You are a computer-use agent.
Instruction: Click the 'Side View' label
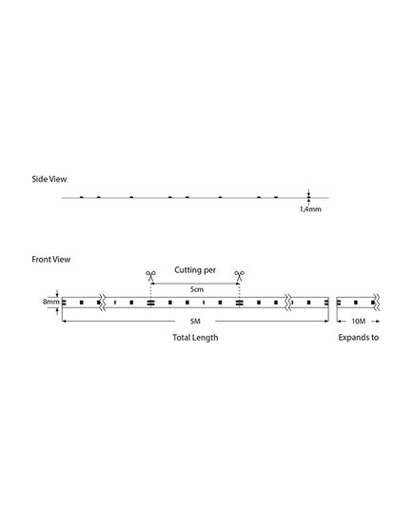coord(49,179)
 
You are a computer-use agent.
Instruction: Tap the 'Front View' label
coord(51,260)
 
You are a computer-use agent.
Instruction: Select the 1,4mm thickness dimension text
coord(310,209)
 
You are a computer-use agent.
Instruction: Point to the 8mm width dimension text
coord(51,302)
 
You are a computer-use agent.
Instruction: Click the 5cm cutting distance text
coord(197,289)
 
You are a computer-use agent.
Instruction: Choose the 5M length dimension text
coord(195,322)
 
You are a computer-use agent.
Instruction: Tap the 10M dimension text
coord(359,322)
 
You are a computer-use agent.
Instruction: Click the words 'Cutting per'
coord(195,270)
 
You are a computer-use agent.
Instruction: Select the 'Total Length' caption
coord(195,338)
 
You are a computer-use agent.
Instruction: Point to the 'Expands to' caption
coord(359,338)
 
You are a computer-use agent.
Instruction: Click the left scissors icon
coord(150,276)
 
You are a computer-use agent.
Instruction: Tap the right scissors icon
coord(239,276)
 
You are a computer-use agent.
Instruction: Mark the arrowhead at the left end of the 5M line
coord(64,322)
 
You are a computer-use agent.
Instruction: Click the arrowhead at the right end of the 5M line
coord(326,322)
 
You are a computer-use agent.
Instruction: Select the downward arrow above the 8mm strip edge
coord(58,293)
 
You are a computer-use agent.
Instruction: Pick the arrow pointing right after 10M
coord(376,322)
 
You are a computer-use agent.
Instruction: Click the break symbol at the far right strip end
coord(377,302)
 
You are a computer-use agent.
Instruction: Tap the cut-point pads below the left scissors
coord(150,303)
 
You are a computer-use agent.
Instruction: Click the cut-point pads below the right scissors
coord(239,303)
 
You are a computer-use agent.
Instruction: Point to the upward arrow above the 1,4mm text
coord(308,202)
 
